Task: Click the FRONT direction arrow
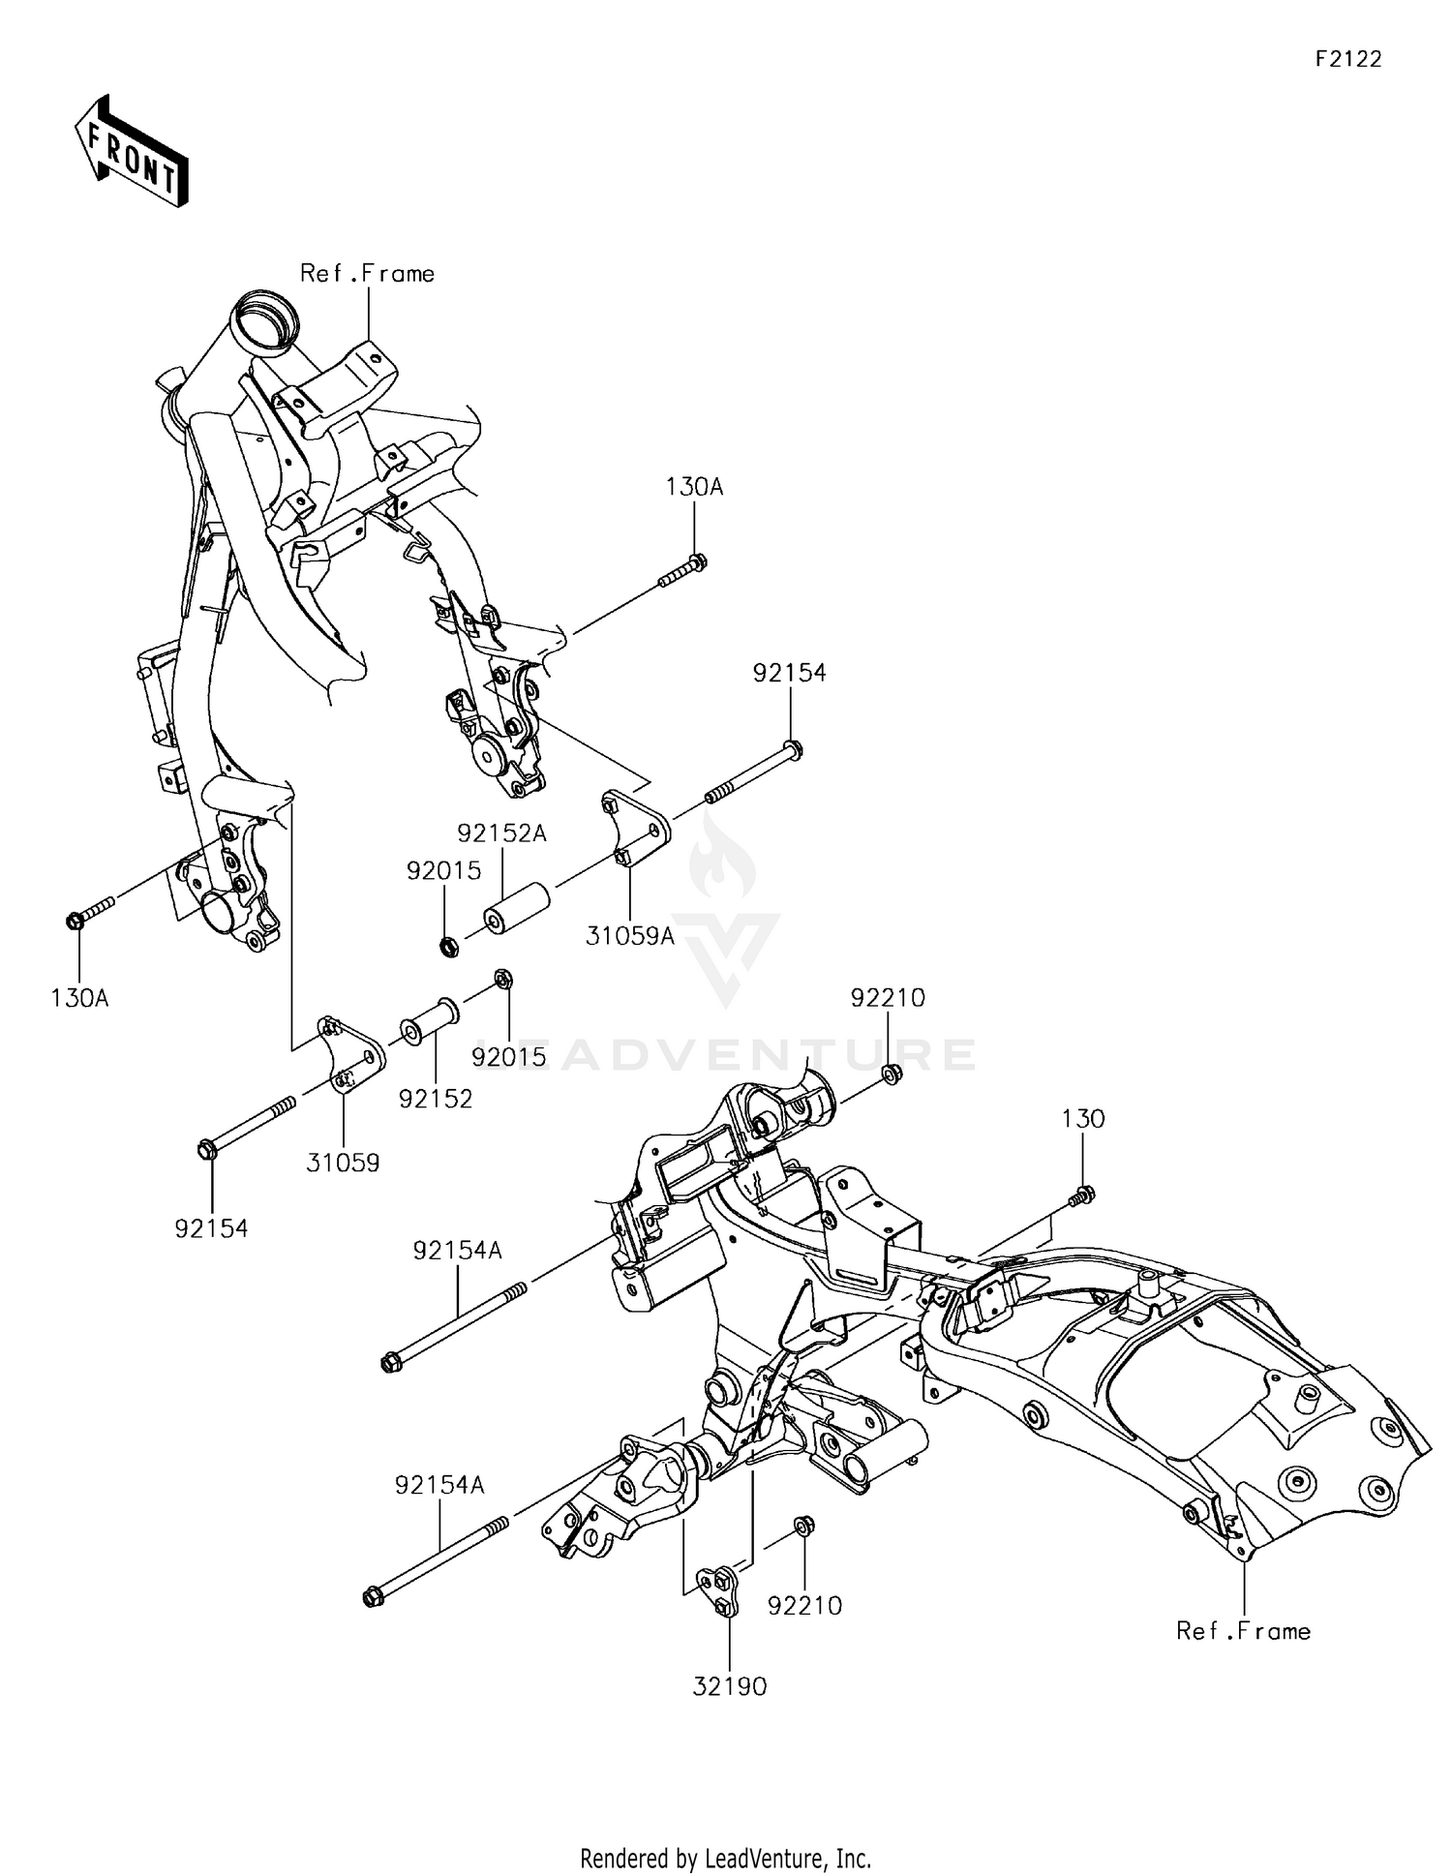pos(131,152)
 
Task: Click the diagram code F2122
pos(1347,59)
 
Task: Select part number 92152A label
pos(501,832)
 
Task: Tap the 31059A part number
pos(629,936)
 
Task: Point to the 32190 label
pos(729,1686)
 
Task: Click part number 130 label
pos(1082,1119)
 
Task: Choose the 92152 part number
pos(436,1099)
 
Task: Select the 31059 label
pos(343,1163)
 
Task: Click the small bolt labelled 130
pos(1081,1196)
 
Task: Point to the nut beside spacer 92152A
pos(448,946)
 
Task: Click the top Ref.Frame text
pos(367,274)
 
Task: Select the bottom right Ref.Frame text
pos(1243,1631)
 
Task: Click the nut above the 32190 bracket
pos(802,1527)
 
